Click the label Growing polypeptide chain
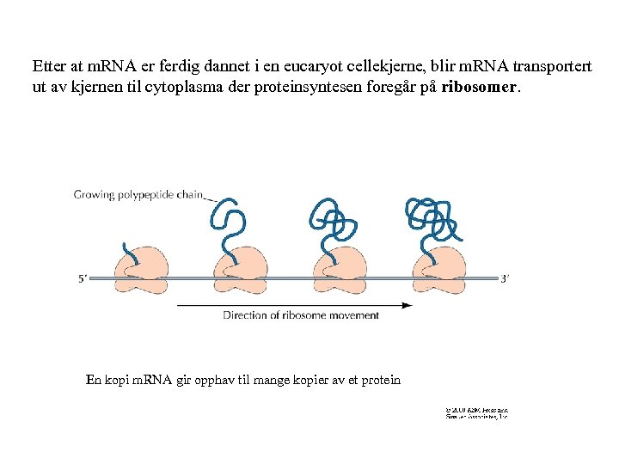click(x=138, y=195)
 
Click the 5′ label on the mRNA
click(x=83, y=278)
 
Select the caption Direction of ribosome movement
click(x=301, y=315)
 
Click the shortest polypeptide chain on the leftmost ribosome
click(x=130, y=254)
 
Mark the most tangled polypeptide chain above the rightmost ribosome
click(x=433, y=218)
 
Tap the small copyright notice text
click(x=476, y=414)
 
